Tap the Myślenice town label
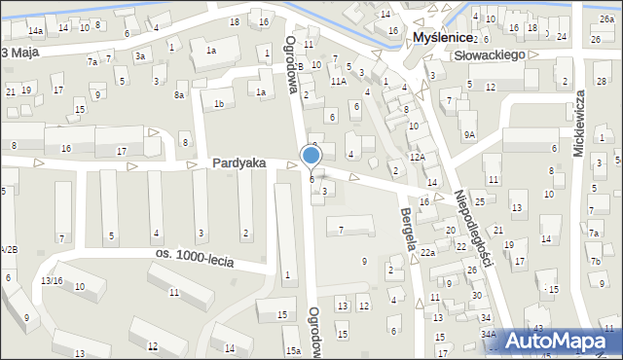443,37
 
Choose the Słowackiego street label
495,56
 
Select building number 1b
220,104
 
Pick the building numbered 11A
338,82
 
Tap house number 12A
418,157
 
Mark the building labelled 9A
470,134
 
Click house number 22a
427,253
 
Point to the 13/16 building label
52,280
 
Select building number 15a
292,351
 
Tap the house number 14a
35,31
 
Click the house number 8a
180,95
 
